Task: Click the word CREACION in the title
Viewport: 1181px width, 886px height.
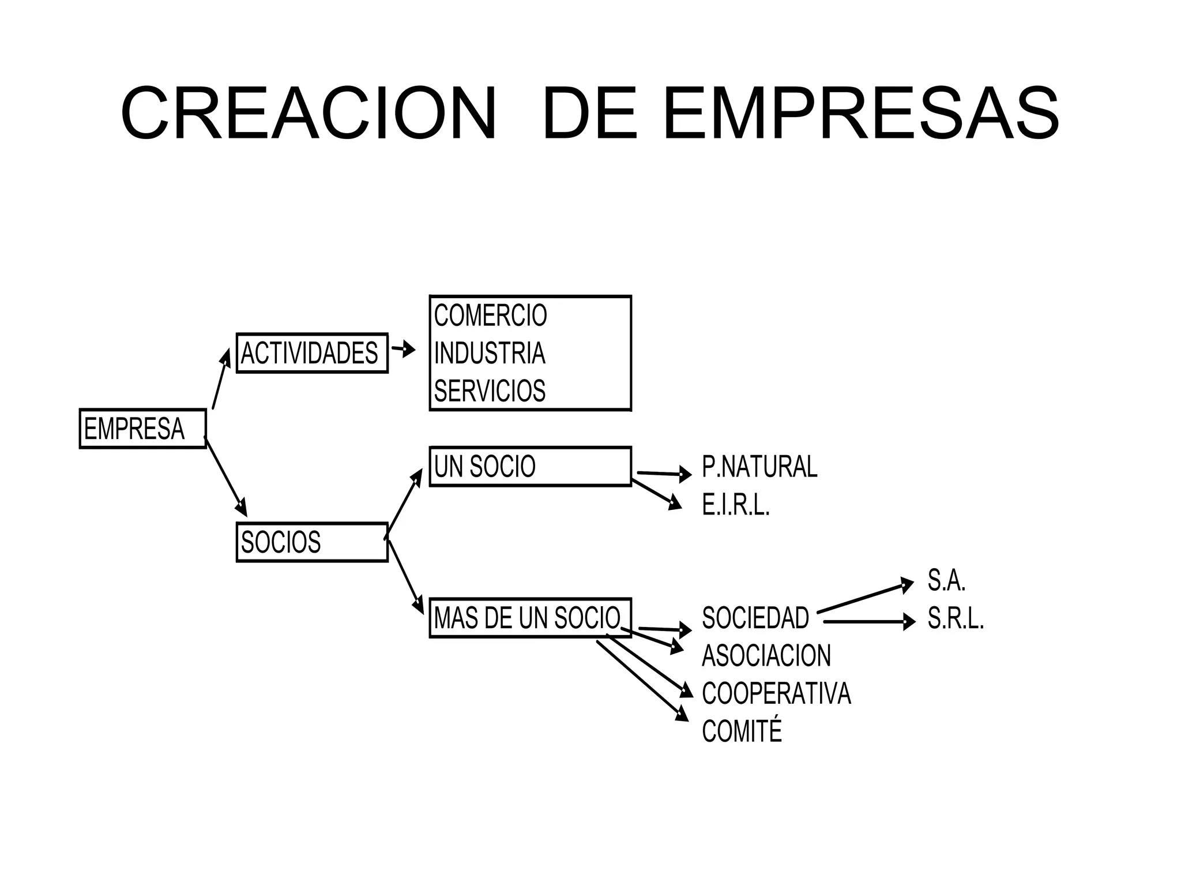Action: pos(309,114)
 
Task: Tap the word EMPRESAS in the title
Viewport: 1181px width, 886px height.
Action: pos(861,114)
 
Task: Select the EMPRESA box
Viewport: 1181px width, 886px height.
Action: pos(142,429)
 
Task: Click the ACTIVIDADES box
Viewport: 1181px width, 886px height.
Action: pos(311,353)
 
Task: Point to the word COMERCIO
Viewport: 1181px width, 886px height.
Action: pos(490,316)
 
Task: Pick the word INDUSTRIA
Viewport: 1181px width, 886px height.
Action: pos(489,353)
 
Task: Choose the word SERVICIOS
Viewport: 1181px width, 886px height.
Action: pos(490,391)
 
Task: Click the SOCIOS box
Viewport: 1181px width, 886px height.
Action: pos(311,542)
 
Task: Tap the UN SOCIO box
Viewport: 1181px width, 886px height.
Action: pos(530,467)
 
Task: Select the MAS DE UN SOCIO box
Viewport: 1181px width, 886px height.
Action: pos(530,618)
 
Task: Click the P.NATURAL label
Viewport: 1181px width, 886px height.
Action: pos(759,467)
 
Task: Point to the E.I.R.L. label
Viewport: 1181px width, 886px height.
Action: pos(736,506)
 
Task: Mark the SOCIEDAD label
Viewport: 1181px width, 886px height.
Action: pos(755,618)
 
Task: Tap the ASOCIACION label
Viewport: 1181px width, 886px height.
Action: pos(766,656)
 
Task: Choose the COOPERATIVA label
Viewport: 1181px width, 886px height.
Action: pos(776,693)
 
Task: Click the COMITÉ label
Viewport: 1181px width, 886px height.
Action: pos(742,731)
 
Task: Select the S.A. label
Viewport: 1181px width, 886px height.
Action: pos(946,580)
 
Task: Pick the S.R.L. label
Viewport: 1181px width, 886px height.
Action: pos(956,620)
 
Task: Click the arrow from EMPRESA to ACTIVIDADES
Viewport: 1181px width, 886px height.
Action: pos(221,379)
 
